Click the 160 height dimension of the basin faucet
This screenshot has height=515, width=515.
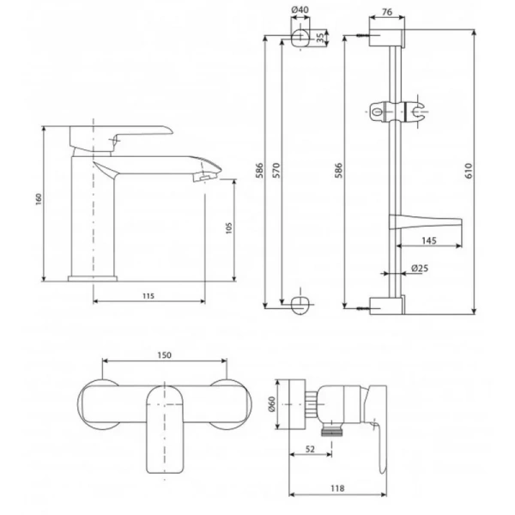coord(39,199)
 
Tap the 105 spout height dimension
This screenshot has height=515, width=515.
coord(229,228)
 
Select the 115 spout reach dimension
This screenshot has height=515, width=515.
coord(148,296)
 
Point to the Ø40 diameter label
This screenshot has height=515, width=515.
coord(300,9)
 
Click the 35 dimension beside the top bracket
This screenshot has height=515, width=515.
coord(320,38)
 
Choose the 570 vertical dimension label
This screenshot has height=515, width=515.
coord(276,170)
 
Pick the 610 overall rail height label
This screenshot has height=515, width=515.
coord(469,171)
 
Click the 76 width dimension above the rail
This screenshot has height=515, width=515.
coord(387,12)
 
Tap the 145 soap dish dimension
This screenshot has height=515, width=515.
coord(429,240)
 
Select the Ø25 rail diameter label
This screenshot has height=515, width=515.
coord(420,269)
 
